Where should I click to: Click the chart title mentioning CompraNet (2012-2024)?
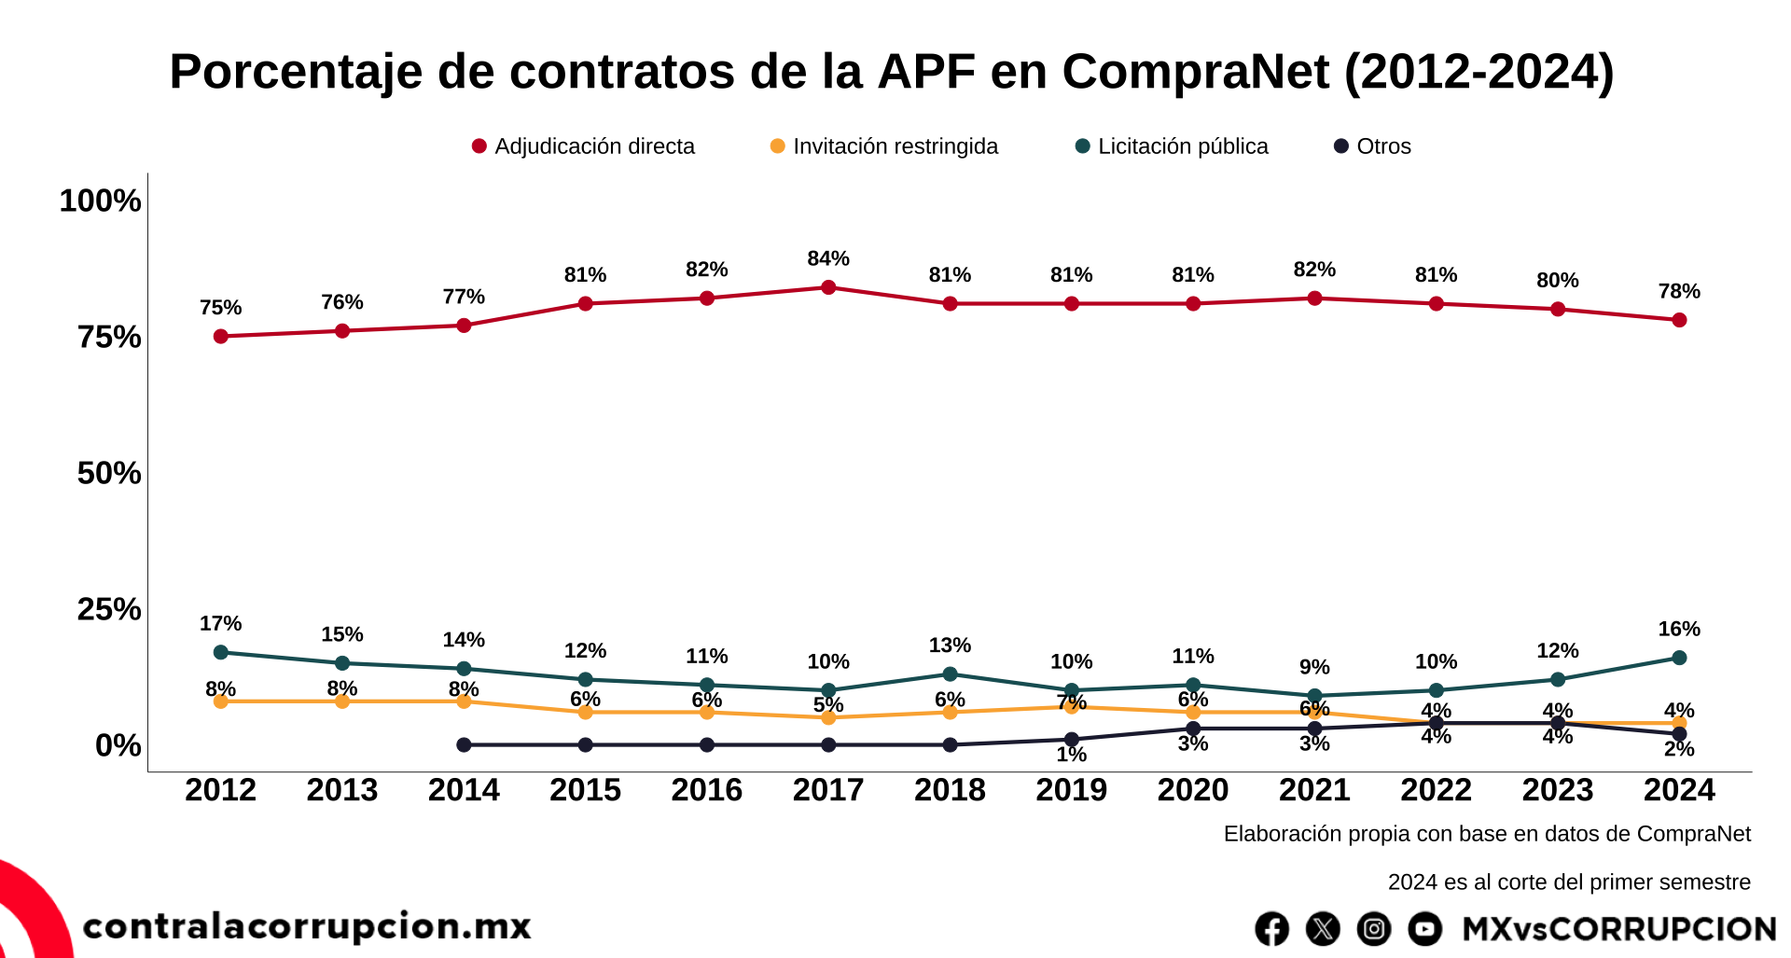tap(891, 72)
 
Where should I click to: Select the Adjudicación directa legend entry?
tap(584, 146)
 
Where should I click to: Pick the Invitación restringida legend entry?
tap(884, 146)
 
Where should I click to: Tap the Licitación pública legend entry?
tap(1173, 146)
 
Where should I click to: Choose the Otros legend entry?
tap(1373, 146)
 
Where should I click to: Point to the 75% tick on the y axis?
tap(109, 337)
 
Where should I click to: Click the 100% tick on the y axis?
tap(100, 201)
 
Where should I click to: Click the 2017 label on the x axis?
tap(828, 790)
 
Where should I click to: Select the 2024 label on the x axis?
tap(1679, 790)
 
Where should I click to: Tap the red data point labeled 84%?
tap(828, 287)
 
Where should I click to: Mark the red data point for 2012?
tap(221, 337)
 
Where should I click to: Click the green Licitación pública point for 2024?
tap(1679, 658)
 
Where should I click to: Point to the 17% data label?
tap(221, 623)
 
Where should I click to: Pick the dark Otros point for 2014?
tap(464, 745)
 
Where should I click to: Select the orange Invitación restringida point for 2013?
tap(342, 701)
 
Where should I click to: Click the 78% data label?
tap(1679, 291)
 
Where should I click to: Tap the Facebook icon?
tap(1271, 929)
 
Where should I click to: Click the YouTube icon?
tap(1424, 929)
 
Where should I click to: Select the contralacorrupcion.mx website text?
tap(307, 926)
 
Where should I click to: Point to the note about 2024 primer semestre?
tap(1569, 882)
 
